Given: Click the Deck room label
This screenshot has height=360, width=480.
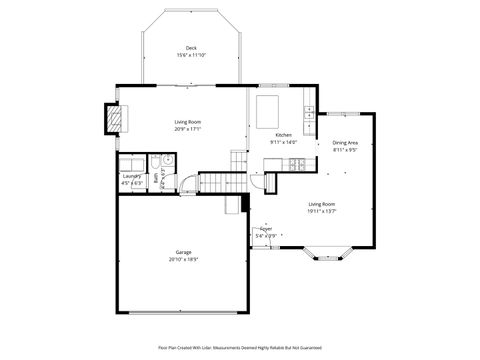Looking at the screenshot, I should click(190, 48).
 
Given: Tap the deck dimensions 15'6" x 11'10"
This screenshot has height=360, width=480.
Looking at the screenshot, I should click(190, 55).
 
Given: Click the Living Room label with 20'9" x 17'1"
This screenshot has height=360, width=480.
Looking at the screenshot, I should click(188, 122).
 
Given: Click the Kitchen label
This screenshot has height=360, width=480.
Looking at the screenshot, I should click(283, 135).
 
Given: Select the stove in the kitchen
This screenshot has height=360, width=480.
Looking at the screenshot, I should click(294, 163).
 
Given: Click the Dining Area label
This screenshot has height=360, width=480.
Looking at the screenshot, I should click(345, 142).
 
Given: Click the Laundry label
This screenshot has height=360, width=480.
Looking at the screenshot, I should click(131, 178).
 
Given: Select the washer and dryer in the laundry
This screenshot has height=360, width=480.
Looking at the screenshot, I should click(132, 164).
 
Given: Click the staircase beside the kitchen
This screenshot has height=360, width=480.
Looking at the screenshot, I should click(238, 160).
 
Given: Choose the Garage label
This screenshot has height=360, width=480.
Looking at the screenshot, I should click(183, 252).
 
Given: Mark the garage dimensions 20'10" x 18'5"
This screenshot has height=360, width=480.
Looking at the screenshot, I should click(183, 259).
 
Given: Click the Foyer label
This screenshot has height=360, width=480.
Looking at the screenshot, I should click(266, 229).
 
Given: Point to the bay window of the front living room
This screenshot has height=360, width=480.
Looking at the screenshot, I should click(330, 254).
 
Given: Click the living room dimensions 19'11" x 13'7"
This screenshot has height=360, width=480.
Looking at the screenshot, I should click(322, 211).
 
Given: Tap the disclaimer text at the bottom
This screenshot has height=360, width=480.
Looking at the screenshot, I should click(240, 347).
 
